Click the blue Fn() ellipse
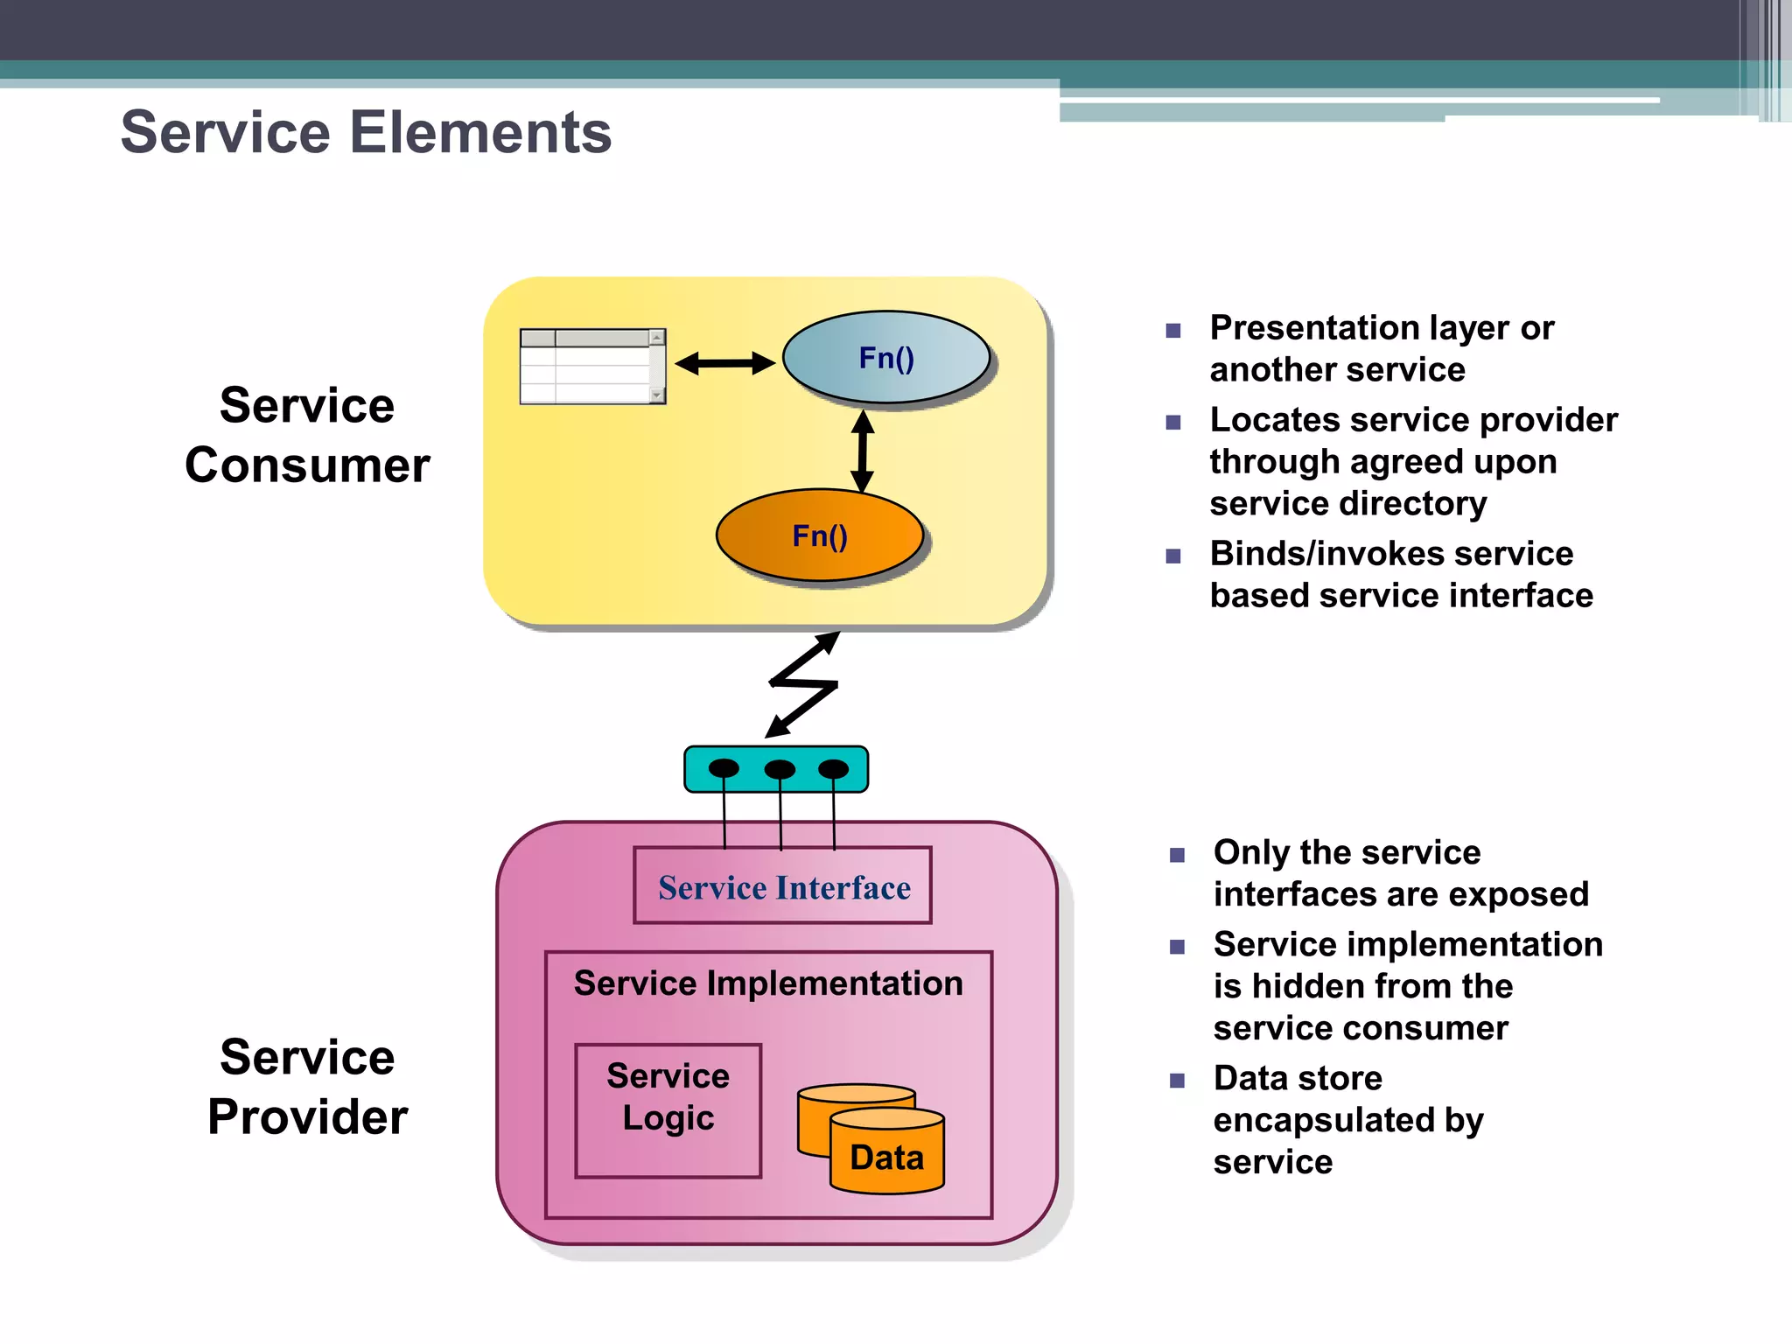pos(885,358)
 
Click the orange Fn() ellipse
pos(819,535)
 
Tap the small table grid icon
pos(592,367)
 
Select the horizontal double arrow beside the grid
pos(724,362)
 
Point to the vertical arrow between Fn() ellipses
pos(863,451)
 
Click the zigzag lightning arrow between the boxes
pos(803,684)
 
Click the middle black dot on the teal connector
pos(780,769)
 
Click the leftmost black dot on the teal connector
pos(724,768)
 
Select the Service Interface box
pos(783,885)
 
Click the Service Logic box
pos(668,1109)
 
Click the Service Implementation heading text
pos(767,983)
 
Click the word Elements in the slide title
pos(480,133)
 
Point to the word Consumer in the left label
pos(307,465)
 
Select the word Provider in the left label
pos(307,1116)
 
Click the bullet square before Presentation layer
pos(1173,331)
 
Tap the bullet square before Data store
pos(1177,1081)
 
